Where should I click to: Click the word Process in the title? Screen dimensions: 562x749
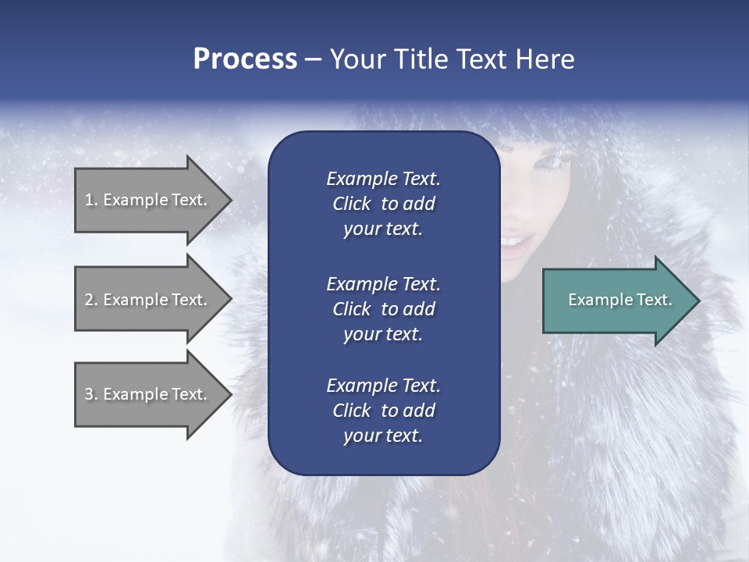[x=245, y=59]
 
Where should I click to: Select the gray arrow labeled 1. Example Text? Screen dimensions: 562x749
[x=148, y=200]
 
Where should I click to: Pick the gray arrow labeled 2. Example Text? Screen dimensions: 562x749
[x=148, y=300]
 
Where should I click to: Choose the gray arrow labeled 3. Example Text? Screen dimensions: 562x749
[x=148, y=394]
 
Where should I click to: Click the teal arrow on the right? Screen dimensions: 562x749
[x=616, y=301]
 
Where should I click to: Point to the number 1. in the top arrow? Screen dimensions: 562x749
[x=91, y=200]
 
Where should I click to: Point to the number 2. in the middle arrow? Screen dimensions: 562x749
[x=91, y=300]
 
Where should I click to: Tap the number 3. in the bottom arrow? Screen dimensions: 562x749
[x=91, y=394]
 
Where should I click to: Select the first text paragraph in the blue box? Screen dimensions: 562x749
[x=383, y=204]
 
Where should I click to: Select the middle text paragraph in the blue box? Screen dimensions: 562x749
[x=383, y=309]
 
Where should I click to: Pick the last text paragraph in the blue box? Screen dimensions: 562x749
[x=383, y=411]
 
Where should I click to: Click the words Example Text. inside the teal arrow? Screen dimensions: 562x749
[x=619, y=300]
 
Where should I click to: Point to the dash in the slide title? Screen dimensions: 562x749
[x=313, y=60]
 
